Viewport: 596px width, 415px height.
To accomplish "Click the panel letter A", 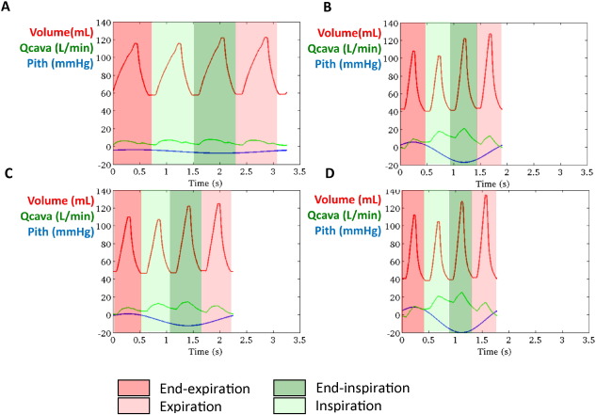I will (x=8, y=8).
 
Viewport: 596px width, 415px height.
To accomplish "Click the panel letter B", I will (x=327, y=8).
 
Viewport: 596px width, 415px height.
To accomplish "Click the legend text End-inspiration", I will (x=366, y=388).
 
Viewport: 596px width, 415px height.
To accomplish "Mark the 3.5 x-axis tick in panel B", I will (x=585, y=171).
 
